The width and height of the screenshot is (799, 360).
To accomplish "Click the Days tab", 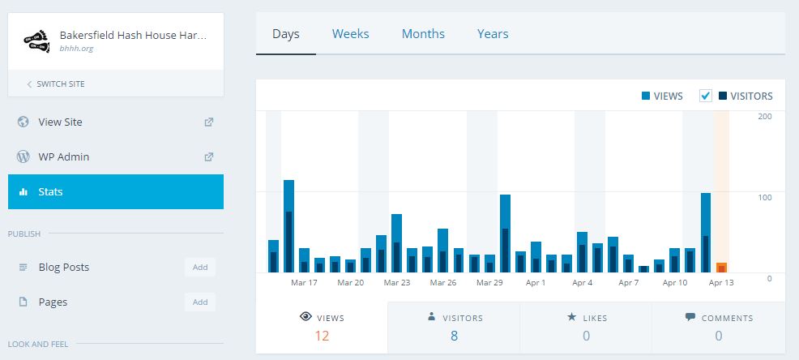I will [286, 34].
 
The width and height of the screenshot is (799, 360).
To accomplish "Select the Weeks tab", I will [350, 34].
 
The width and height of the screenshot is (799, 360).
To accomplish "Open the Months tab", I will [423, 34].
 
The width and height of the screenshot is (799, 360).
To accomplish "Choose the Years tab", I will [493, 34].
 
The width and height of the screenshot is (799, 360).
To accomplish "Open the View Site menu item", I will [60, 122].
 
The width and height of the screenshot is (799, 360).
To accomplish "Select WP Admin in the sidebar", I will [63, 157].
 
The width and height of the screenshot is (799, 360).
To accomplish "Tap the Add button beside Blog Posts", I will [199, 268].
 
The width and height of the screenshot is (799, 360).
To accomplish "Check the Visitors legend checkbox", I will [706, 96].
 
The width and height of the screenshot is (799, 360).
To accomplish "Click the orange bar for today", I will [721, 268].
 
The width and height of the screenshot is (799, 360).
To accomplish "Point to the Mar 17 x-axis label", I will [304, 283].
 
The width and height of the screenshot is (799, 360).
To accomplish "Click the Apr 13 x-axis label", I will [721, 283].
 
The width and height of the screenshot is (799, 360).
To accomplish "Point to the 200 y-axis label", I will [764, 117].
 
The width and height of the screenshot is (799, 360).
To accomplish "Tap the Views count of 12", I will [322, 336].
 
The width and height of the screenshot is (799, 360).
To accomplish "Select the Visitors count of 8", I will [454, 336].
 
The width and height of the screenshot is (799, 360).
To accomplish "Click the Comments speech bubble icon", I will [690, 317].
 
